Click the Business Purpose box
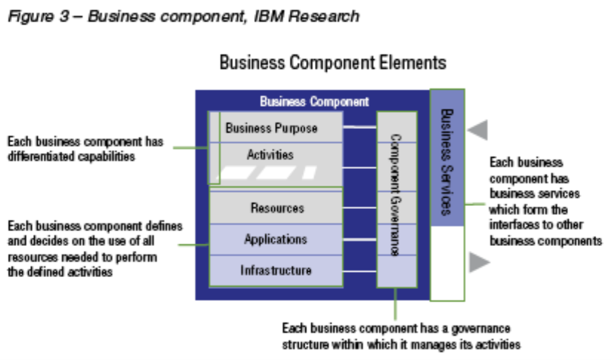pos(271,128)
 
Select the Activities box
pos(270,155)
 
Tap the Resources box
pos(277,208)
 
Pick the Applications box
pos(276,239)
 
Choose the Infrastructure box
pos(276,270)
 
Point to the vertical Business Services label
pos(446,161)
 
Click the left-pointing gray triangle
pos(479,130)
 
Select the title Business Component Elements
pos(332,62)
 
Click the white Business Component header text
pos(314,101)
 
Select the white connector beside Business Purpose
pos(360,127)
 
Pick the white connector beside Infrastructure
pos(360,271)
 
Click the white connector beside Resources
pos(360,208)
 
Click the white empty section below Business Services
pos(447,263)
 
